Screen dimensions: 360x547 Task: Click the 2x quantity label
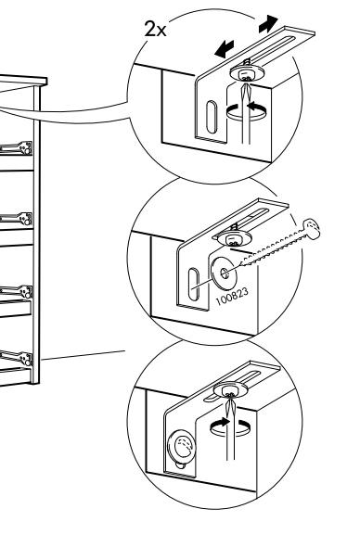(156, 29)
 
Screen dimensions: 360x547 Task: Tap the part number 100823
(233, 296)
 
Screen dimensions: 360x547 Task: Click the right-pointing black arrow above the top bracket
(268, 24)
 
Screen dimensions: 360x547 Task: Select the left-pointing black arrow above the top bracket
(225, 49)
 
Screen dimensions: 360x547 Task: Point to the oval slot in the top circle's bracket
(211, 117)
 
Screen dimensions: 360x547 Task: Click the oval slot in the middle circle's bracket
(193, 283)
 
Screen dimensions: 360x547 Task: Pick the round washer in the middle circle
(224, 273)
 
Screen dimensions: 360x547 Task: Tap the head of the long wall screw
(311, 229)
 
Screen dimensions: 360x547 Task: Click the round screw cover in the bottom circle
(182, 447)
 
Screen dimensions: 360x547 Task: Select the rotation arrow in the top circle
(247, 113)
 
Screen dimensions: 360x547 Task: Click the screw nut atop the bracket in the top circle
(247, 73)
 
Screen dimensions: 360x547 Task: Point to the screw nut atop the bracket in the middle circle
(232, 238)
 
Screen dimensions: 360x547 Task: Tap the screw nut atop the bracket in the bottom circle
(231, 389)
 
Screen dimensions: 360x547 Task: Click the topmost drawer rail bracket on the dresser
(17, 148)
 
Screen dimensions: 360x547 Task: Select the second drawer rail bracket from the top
(17, 219)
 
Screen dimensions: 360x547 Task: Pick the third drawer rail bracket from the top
(17, 291)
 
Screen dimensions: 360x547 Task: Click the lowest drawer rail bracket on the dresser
(17, 358)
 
